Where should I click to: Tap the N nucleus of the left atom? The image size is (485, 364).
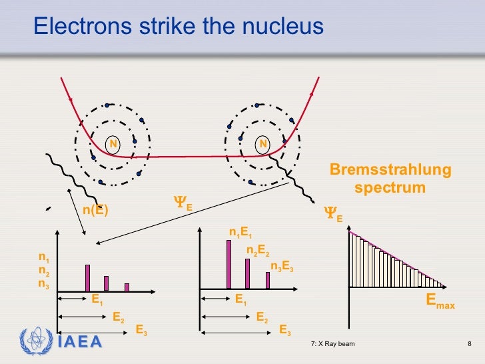point(113,143)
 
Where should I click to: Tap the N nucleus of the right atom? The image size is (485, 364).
point(263,143)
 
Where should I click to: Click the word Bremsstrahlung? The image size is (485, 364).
point(390,171)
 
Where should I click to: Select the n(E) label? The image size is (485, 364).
point(95,210)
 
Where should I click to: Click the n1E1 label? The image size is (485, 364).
point(240,233)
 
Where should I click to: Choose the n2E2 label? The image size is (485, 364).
point(258,251)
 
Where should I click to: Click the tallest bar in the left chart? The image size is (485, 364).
point(87,278)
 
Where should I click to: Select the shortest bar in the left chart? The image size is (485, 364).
point(127,287)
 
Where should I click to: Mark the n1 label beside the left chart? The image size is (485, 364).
point(43,257)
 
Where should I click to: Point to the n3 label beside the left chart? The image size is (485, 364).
point(43,283)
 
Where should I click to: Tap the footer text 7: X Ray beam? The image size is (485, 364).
point(332,344)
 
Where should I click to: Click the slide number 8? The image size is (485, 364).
point(469,344)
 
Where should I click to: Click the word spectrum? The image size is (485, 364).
point(390,188)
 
